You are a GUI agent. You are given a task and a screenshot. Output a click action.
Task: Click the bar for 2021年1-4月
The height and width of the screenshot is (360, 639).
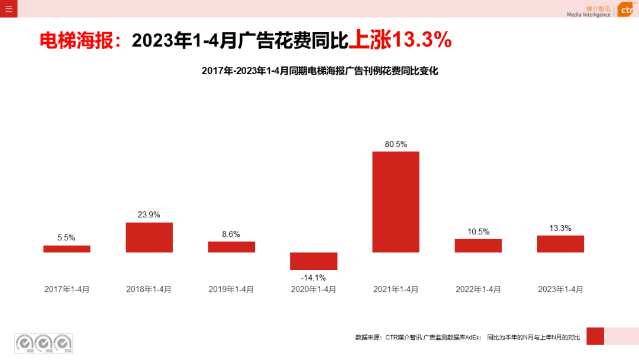coord(396,202)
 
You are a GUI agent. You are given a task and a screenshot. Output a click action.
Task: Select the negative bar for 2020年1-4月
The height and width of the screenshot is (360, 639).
coord(314,261)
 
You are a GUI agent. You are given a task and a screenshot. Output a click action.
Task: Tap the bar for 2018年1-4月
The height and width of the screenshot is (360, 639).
coord(149,237)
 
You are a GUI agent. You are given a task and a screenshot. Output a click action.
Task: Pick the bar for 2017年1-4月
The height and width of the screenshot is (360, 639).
coord(67,249)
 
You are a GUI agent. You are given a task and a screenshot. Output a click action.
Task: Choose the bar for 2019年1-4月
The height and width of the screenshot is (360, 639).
coord(231,247)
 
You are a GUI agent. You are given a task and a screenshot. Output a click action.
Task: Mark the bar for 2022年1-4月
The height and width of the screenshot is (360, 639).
coord(478,246)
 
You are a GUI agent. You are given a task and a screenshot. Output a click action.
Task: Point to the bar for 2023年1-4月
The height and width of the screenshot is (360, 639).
coord(560,244)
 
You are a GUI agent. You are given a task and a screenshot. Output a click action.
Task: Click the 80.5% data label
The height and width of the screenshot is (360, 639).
coord(396,144)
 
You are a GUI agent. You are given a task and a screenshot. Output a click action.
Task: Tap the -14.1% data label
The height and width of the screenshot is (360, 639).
coord(314,277)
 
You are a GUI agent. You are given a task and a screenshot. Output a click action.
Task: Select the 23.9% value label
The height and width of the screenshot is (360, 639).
coord(149,214)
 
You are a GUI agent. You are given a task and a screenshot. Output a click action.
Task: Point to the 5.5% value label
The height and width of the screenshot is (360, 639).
coord(66,237)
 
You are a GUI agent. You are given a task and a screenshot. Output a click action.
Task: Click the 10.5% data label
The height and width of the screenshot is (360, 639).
coord(478,232)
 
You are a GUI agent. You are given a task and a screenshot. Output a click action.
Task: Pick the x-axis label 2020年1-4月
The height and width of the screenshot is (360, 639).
coord(314,290)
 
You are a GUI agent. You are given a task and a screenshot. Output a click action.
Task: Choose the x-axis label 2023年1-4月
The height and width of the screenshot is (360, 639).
coord(560,290)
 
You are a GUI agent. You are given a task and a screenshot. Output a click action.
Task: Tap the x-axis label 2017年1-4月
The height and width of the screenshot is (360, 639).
coord(67,290)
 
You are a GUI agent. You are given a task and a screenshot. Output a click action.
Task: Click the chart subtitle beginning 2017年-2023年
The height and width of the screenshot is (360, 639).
coord(319,70)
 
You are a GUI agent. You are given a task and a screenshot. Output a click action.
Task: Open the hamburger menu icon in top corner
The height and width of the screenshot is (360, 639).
coord(8,8)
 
